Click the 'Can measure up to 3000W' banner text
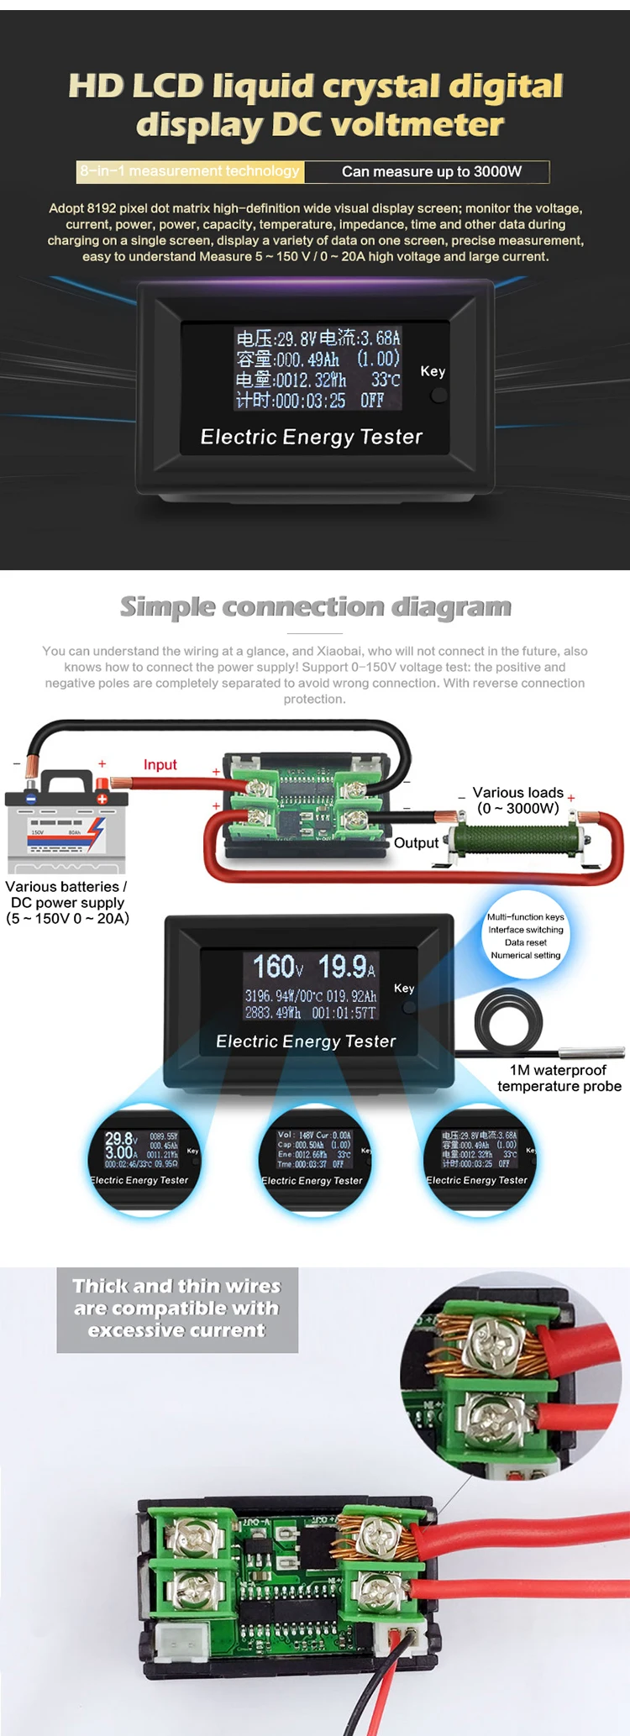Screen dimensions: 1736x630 [432, 171]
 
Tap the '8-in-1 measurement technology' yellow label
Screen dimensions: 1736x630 [190, 171]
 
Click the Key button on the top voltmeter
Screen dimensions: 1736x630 [438, 394]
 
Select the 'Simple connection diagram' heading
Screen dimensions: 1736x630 [315, 606]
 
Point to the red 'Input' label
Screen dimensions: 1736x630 [160, 764]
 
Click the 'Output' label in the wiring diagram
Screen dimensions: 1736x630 [416, 842]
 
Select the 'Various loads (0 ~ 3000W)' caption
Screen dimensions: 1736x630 [517, 800]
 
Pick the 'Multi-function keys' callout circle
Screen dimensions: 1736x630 [526, 935]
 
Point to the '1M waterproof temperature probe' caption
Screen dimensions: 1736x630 [559, 1078]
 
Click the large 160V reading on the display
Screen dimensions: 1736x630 [278, 967]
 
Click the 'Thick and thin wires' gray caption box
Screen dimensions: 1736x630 [177, 1309]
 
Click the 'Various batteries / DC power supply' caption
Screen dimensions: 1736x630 [67, 902]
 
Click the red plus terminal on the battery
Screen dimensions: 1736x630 [102, 798]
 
